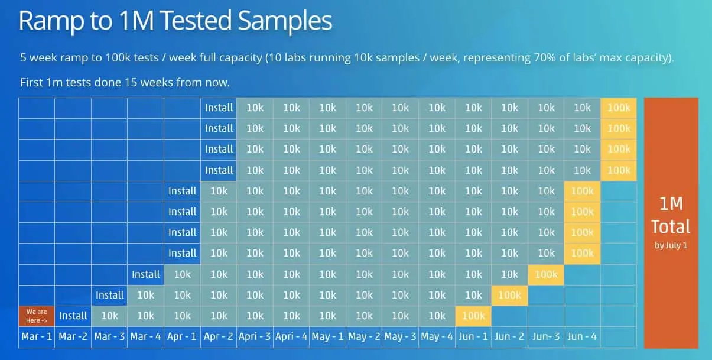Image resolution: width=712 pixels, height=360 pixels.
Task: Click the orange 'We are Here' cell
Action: tap(37, 316)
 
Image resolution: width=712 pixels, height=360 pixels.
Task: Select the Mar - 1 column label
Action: tap(37, 336)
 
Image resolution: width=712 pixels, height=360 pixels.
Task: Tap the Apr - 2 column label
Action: tap(219, 336)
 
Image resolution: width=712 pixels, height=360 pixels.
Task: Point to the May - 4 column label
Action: tap(437, 336)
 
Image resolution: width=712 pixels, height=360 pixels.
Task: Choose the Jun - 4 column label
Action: tap(582, 336)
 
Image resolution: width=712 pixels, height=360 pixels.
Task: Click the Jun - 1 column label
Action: tap(473, 336)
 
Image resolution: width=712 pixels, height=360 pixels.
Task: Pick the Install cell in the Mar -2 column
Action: tap(73, 316)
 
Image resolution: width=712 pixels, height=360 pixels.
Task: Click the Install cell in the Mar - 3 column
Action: tap(110, 295)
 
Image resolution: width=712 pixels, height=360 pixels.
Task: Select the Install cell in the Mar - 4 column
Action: tap(146, 274)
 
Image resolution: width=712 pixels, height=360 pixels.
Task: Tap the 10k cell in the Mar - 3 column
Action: tap(110, 316)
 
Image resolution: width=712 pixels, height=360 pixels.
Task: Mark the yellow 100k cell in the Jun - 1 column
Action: tap(473, 316)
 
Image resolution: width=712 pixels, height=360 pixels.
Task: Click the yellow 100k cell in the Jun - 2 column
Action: tap(510, 295)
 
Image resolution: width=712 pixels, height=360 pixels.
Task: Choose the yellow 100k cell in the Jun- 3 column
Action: tap(546, 274)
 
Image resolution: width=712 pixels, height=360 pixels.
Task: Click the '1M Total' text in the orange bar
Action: tap(671, 215)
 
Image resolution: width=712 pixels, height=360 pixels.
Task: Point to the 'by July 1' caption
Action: tap(671, 245)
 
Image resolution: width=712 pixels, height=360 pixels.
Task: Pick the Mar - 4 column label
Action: tap(146, 336)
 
